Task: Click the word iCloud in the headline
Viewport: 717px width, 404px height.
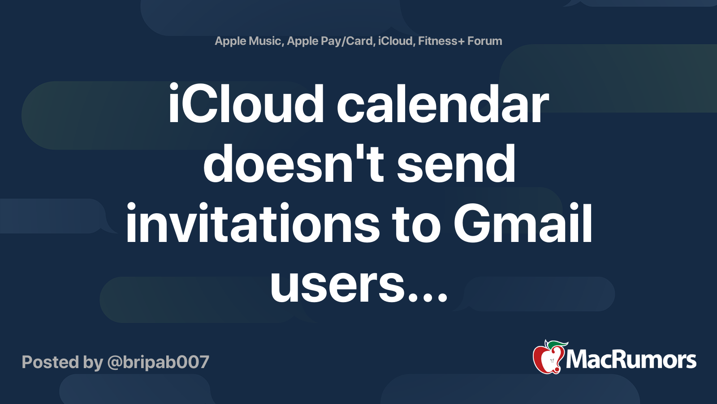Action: pyautogui.click(x=246, y=103)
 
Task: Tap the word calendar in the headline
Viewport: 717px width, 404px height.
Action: pyautogui.click(x=442, y=103)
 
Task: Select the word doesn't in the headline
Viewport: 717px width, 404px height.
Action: pyautogui.click(x=294, y=163)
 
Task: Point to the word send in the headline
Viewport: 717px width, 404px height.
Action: pyautogui.click(x=456, y=163)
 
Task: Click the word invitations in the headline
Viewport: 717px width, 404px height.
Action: pyautogui.click(x=253, y=223)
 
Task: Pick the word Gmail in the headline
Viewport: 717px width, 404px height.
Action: pyautogui.click(x=523, y=223)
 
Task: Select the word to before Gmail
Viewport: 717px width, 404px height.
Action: pyautogui.click(x=416, y=224)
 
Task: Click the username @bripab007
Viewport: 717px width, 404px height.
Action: pyautogui.click(x=159, y=362)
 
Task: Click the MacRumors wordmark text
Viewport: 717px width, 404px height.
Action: pyautogui.click(x=631, y=360)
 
